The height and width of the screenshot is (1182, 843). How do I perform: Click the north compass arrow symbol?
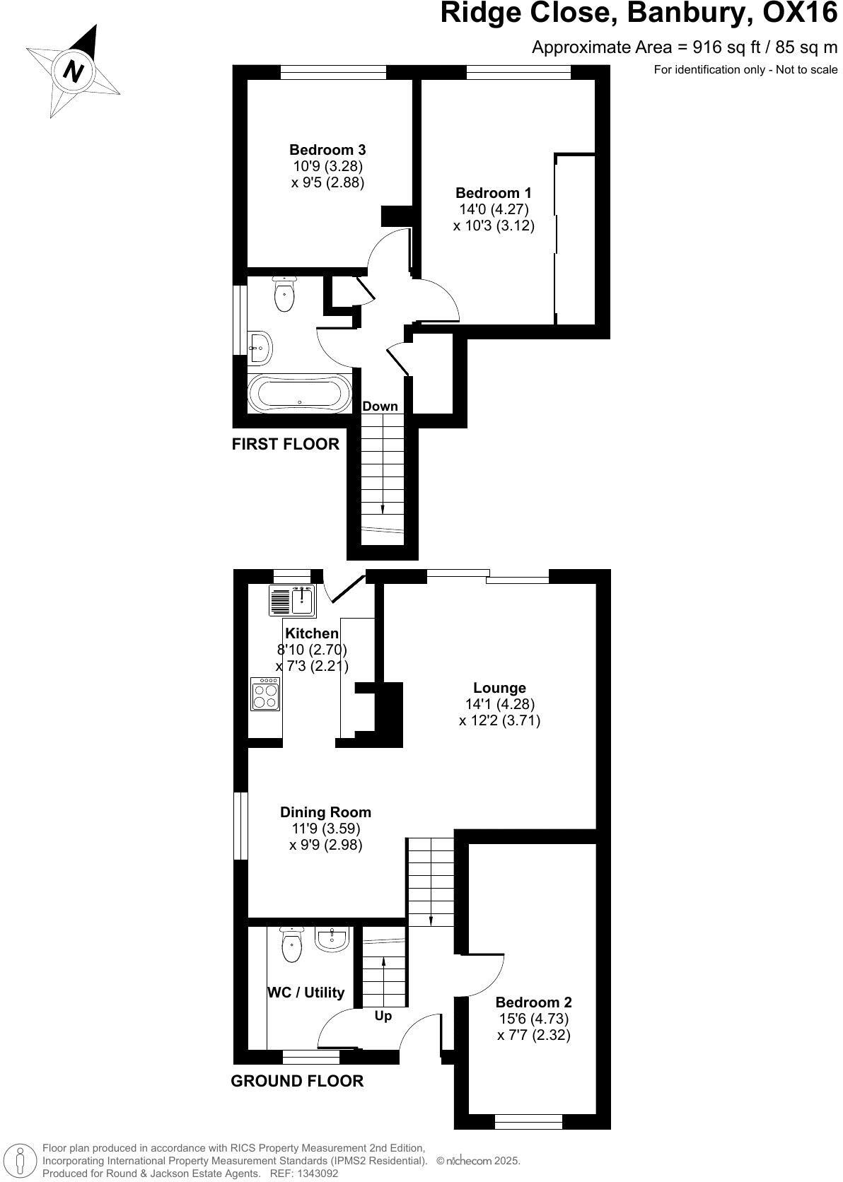click(73, 70)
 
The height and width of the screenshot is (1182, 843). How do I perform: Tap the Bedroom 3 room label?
click(327, 150)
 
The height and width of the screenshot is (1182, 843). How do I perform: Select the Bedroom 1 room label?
click(493, 193)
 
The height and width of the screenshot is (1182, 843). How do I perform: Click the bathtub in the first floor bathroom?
click(299, 393)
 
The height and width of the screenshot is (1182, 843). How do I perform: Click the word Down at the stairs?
click(380, 406)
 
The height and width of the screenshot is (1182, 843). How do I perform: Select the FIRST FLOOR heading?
click(286, 444)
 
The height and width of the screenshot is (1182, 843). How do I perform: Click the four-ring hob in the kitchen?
click(266, 694)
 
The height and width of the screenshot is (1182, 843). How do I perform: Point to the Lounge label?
click(499, 688)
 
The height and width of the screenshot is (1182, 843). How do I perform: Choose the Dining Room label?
click(325, 812)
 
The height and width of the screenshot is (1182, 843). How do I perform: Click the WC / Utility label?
click(306, 993)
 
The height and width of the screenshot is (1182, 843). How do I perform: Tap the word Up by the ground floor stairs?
click(383, 1016)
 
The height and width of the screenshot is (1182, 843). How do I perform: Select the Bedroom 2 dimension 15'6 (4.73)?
click(533, 1019)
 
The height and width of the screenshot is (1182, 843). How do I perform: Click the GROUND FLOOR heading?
click(297, 1081)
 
